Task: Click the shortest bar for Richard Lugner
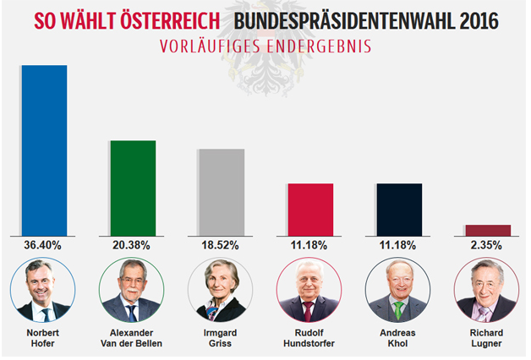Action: (488, 230)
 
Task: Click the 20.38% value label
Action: (131, 245)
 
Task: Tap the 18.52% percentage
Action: (220, 245)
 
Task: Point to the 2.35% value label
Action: (486, 245)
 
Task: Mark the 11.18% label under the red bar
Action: (309, 245)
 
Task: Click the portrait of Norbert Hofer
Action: (42, 290)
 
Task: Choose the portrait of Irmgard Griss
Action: (220, 290)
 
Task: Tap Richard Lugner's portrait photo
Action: (485, 290)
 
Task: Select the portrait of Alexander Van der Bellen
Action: (131, 290)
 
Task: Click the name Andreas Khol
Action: (397, 338)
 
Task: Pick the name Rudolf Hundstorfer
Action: (309, 338)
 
